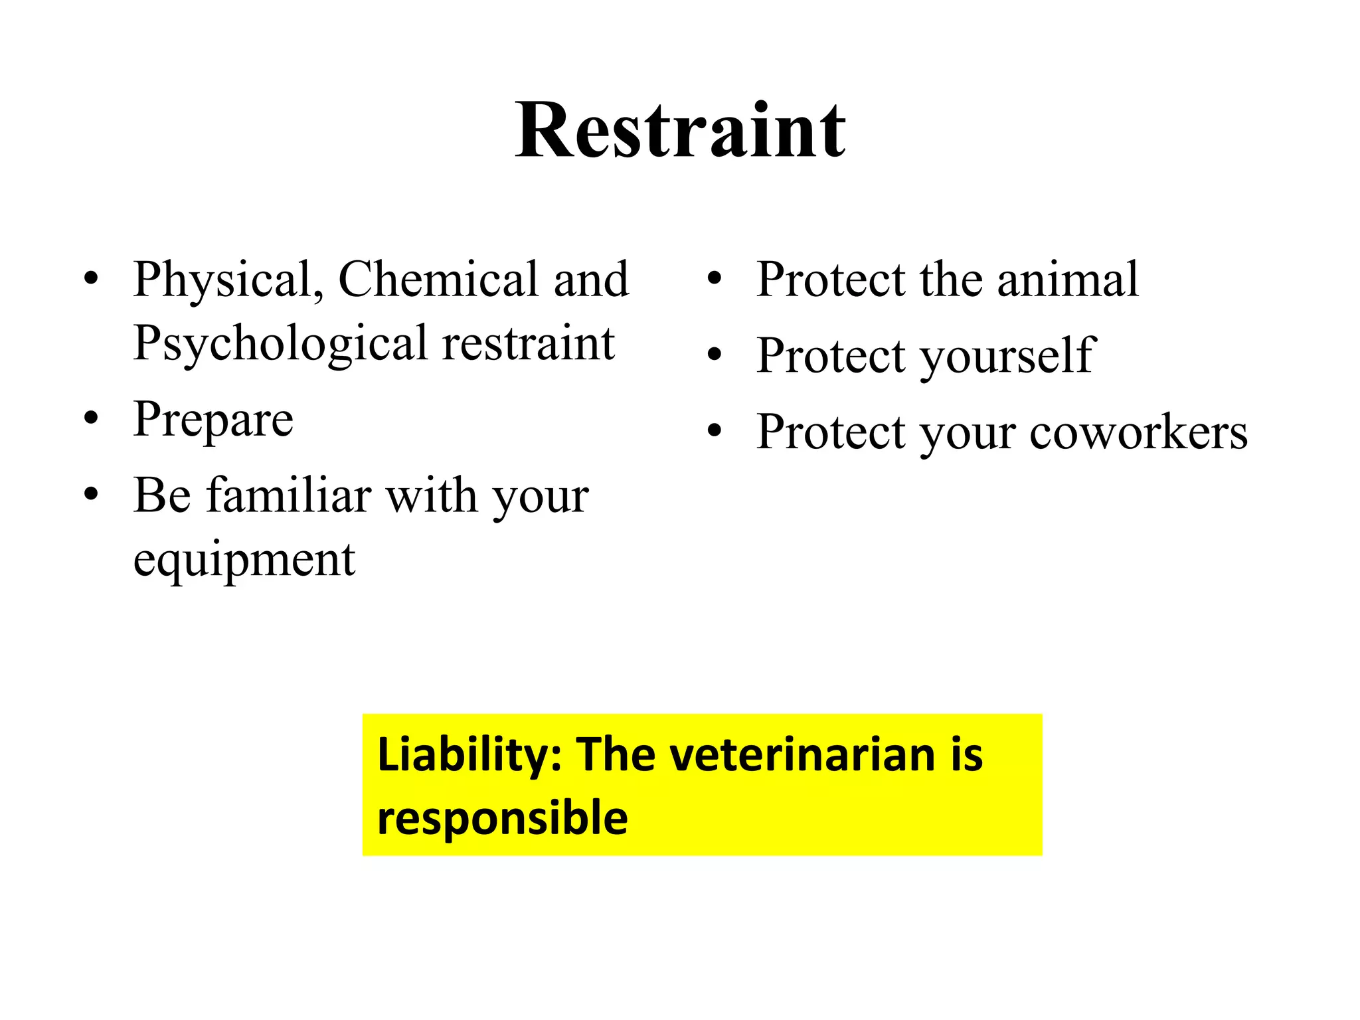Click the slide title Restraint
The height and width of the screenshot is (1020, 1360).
(x=680, y=131)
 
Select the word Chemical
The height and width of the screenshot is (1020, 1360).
(x=438, y=279)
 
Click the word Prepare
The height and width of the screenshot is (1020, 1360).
(x=213, y=420)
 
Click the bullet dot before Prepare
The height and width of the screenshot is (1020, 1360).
(x=92, y=420)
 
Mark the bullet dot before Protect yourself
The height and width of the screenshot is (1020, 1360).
(x=715, y=355)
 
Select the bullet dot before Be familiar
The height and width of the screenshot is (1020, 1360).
(x=92, y=495)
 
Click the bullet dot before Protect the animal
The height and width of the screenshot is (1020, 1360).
(x=715, y=279)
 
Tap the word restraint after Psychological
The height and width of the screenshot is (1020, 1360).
(x=529, y=344)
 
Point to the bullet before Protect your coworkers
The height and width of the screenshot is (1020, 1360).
(x=715, y=432)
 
